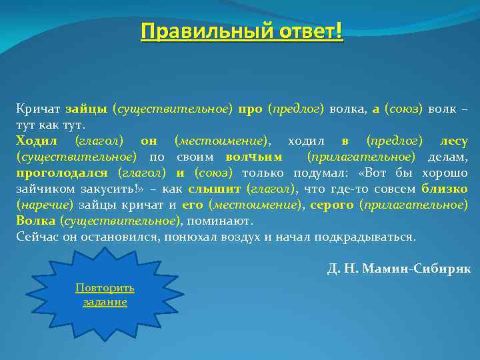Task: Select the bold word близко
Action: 445,189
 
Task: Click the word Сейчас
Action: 36,237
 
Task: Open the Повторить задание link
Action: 105,294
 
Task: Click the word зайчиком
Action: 43,189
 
